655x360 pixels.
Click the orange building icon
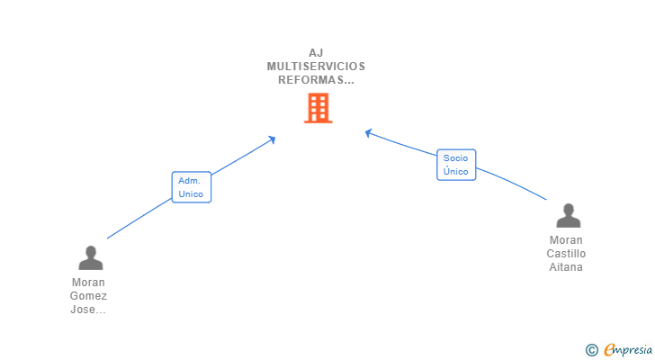point(318,109)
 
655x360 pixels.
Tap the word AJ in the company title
point(316,52)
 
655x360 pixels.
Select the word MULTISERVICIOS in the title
point(316,66)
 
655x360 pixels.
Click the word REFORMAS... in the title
point(316,79)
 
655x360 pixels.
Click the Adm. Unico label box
point(191,187)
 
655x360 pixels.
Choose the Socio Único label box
point(456,165)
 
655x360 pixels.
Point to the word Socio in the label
point(456,158)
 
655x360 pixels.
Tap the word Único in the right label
point(456,171)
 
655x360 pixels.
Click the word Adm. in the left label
point(189,181)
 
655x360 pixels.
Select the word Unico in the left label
point(191,193)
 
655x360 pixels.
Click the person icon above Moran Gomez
point(90,258)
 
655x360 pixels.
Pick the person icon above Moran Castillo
point(568,216)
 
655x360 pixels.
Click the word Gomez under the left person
point(88,296)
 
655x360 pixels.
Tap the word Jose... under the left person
point(88,310)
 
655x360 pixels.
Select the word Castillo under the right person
point(566,254)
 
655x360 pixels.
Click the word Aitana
point(566,267)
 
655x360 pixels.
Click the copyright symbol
point(591,349)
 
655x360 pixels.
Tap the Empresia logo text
point(628,349)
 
